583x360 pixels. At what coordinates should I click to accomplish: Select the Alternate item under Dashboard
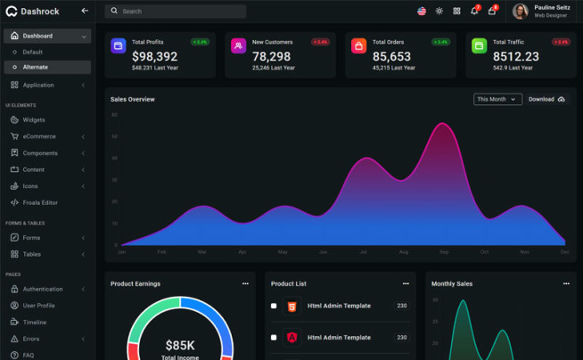pyautogui.click(x=36, y=67)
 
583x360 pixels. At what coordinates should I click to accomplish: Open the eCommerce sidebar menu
pyautogui.click(x=39, y=136)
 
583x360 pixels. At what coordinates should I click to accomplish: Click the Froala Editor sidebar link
pyautogui.click(x=40, y=202)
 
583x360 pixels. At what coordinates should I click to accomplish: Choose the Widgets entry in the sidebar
pyautogui.click(x=34, y=119)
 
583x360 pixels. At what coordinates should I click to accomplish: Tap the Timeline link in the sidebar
pyautogui.click(x=35, y=322)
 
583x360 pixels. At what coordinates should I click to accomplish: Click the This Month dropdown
pyautogui.click(x=497, y=100)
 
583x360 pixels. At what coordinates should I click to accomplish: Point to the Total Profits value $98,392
pyautogui.click(x=154, y=56)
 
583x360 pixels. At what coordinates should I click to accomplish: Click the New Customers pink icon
pyautogui.click(x=238, y=46)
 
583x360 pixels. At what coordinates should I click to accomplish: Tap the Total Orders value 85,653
pyautogui.click(x=391, y=56)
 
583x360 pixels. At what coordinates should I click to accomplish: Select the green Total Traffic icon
pyautogui.click(x=479, y=46)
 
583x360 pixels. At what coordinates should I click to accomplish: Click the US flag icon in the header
pyautogui.click(x=422, y=12)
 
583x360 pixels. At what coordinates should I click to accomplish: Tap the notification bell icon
pyautogui.click(x=473, y=12)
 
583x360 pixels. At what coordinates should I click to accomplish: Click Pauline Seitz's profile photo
pyautogui.click(x=520, y=12)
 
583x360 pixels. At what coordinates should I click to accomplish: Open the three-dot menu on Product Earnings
pyautogui.click(x=245, y=283)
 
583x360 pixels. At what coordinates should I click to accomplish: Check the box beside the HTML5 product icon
pyautogui.click(x=274, y=306)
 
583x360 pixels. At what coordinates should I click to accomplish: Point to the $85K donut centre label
pyautogui.click(x=181, y=344)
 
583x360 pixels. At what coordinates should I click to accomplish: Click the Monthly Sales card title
pyautogui.click(x=452, y=283)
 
